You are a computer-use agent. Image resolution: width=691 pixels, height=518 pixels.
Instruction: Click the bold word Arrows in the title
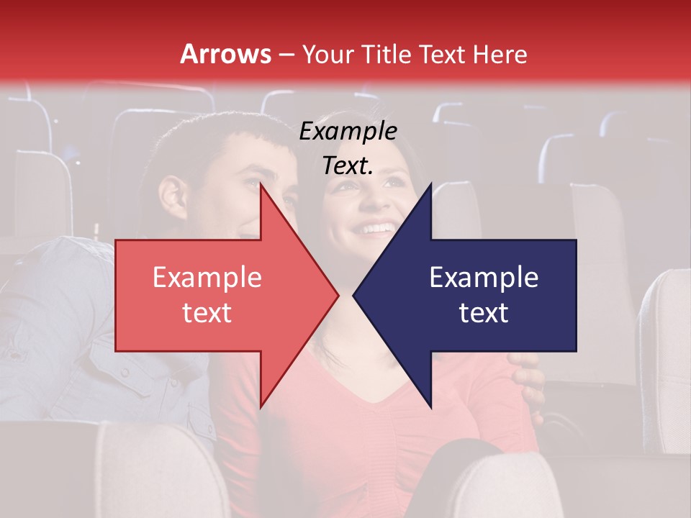225,54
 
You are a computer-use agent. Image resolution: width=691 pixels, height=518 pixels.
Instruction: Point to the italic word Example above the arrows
348,132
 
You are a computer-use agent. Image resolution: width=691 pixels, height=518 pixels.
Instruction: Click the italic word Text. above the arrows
348,166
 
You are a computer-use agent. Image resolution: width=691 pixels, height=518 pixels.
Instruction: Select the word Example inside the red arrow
207,278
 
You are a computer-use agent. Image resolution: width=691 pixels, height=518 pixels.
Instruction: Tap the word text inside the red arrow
207,313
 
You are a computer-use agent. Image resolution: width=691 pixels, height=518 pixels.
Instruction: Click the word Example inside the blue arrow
484,278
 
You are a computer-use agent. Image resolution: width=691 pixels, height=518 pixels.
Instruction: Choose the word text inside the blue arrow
484,313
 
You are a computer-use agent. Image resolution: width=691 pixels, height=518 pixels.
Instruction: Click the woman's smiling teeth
376,230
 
